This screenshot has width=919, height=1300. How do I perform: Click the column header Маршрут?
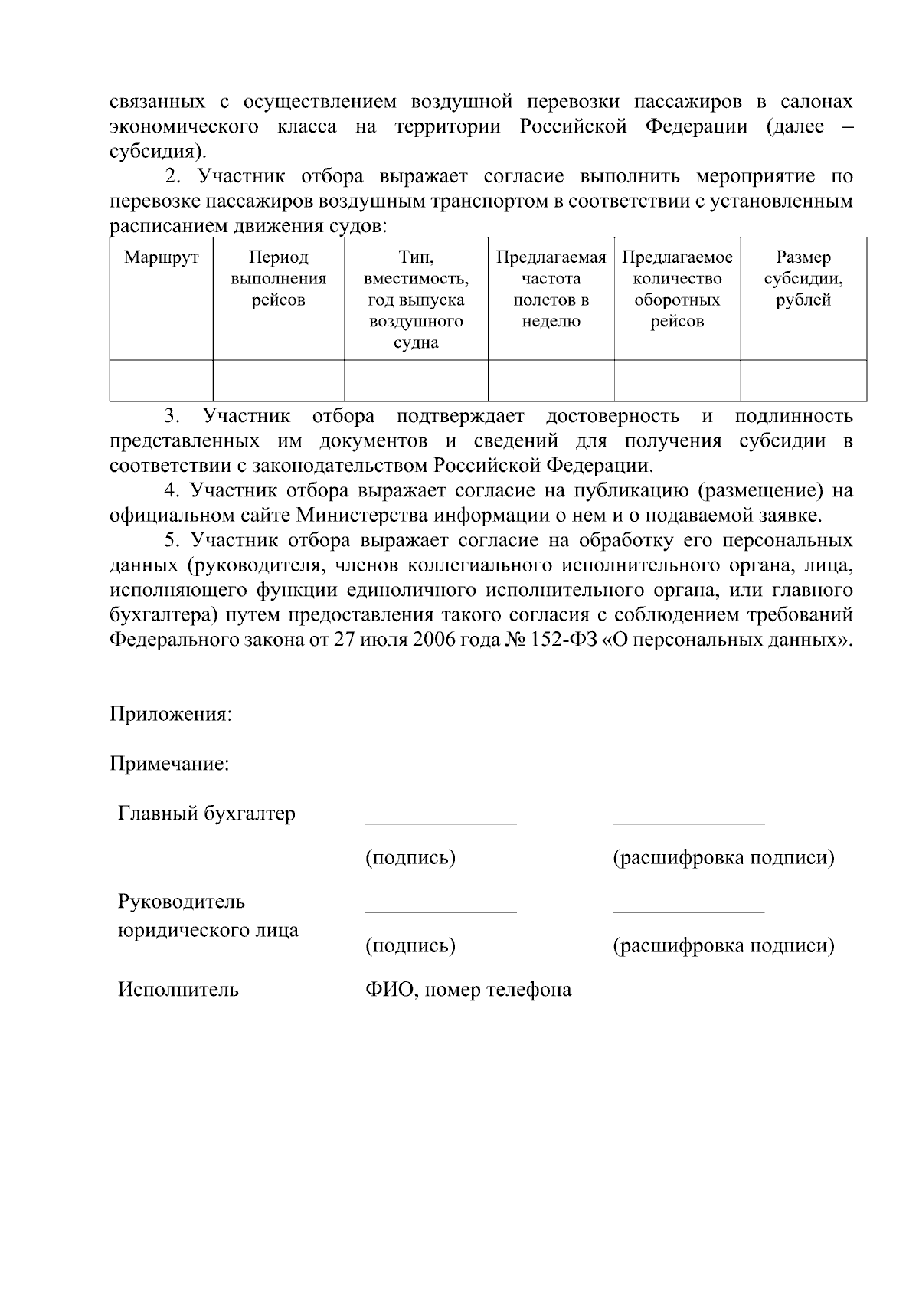pyautogui.click(x=161, y=258)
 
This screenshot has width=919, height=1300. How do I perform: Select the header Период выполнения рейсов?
pyautogui.click(x=278, y=279)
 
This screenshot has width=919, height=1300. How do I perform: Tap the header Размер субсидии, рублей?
pyautogui.click(x=803, y=279)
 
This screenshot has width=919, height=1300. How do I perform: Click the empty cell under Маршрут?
pyautogui.click(x=161, y=381)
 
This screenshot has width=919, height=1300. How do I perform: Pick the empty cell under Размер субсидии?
pyautogui.click(x=803, y=381)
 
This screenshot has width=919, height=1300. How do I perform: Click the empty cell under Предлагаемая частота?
pyautogui.click(x=551, y=381)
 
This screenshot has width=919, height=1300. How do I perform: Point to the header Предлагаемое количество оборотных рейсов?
pyautogui.click(x=677, y=290)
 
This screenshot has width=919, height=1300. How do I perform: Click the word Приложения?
pyautogui.click(x=170, y=715)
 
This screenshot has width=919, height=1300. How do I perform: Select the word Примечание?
pyautogui.click(x=169, y=765)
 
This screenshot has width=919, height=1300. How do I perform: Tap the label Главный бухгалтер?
pyautogui.click(x=206, y=814)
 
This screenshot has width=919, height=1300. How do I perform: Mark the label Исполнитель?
pyautogui.click(x=178, y=990)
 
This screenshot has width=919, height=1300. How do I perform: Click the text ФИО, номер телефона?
pyautogui.click(x=468, y=990)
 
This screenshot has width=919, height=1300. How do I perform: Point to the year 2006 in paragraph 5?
pyautogui.click(x=434, y=640)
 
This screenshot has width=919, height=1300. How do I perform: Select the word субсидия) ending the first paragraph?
pyautogui.click(x=158, y=151)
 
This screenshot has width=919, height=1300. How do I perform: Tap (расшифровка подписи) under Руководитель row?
pyautogui.click(x=723, y=946)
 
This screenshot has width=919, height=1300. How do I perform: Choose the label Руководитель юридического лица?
pyautogui.click(x=208, y=916)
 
